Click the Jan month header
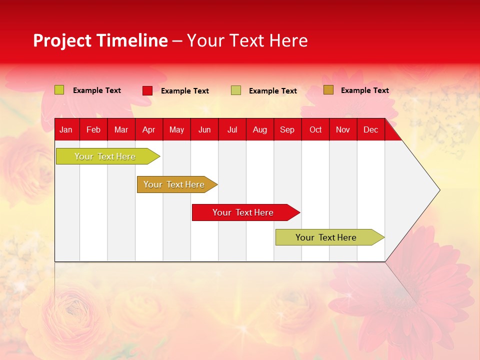(66, 129)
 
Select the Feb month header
(93, 129)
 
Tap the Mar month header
(121, 129)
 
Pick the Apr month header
(148, 129)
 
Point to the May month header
(176, 129)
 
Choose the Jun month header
(204, 129)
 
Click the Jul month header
(232, 129)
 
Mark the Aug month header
(260, 129)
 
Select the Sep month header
(287, 129)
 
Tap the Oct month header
(315, 129)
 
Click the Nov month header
(343, 129)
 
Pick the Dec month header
(371, 129)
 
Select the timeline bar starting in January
(105, 156)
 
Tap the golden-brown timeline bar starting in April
(174, 184)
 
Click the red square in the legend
(147, 90)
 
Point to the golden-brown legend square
(328, 90)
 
